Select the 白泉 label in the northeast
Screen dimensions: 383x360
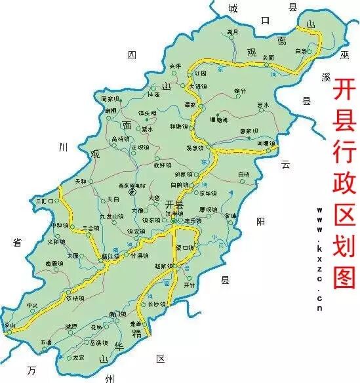pyautogui.click(x=301, y=50)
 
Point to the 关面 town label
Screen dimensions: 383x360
pyautogui.click(x=268, y=58)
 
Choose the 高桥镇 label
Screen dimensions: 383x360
pyautogui.click(x=123, y=139)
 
